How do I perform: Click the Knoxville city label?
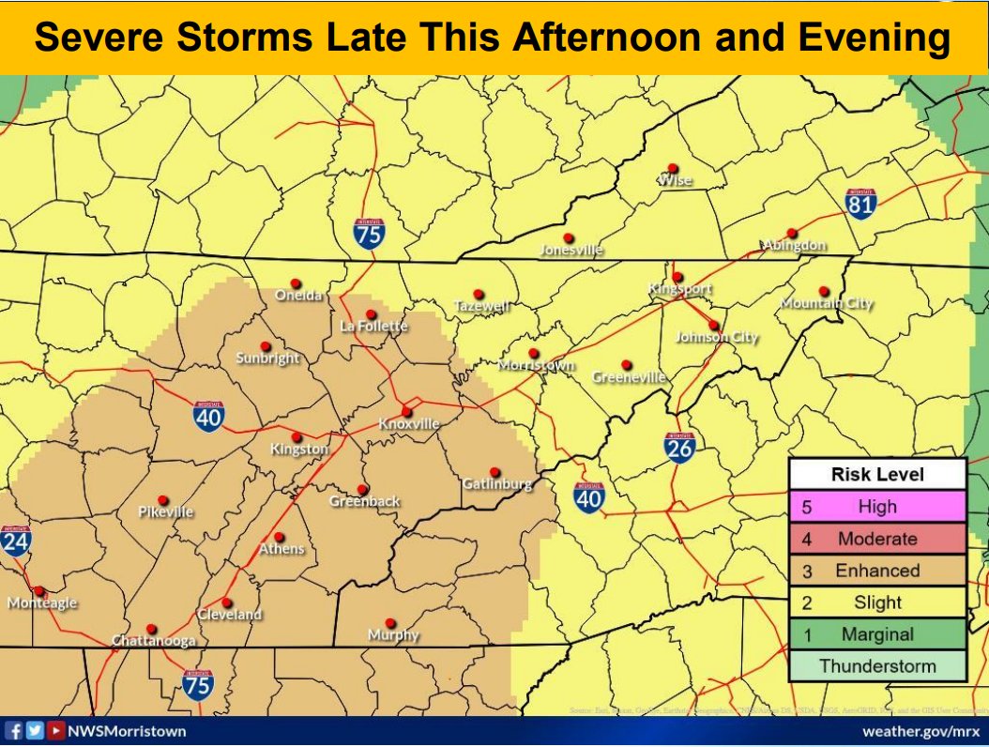pos(409,424)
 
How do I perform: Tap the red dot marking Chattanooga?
pos(152,629)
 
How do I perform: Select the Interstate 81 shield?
pos(860,202)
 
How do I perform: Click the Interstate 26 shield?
pos(679,448)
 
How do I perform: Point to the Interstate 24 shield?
pos(16,541)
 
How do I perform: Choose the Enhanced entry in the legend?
pos(876,571)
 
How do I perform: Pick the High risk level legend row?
pos(876,507)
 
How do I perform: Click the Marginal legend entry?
pos(876,634)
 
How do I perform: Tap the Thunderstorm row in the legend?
pos(876,666)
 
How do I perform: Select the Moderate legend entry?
pos(876,539)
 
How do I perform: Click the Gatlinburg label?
pos(497,484)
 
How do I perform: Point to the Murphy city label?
pos(393,635)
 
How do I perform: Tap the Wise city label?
pos(676,180)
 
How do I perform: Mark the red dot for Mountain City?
pos(824,291)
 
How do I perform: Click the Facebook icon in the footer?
pos(14,730)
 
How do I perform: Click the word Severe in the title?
pos(106,38)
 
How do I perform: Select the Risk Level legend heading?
pos(876,475)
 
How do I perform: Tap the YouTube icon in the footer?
pos(56,730)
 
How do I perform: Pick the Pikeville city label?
pos(165,512)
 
